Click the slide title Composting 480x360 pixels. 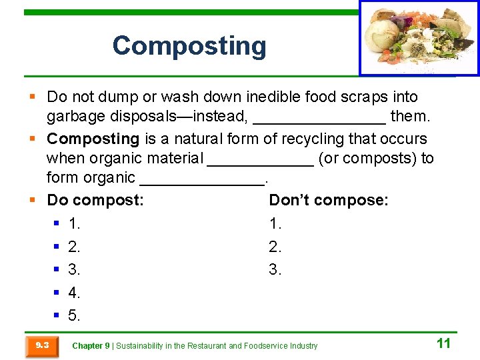coord(189,46)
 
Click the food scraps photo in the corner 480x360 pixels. coord(419,38)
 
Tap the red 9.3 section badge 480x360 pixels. coord(42,345)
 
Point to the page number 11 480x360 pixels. coord(443,343)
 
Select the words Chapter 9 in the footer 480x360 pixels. coord(91,346)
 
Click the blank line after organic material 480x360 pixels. coord(261,159)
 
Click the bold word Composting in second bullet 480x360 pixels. coord(93,139)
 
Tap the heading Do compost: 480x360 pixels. coord(95,201)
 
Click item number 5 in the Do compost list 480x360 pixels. coord(74,315)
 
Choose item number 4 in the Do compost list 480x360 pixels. coord(74,293)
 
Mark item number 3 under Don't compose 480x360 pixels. coord(275,270)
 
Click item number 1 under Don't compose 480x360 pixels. coord(275,223)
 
